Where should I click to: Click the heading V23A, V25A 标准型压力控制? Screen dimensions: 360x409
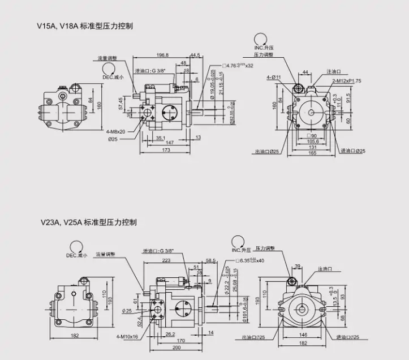[x=88, y=222]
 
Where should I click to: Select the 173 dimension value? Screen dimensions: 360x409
[x=165, y=150]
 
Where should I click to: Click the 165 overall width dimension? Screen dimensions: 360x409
[x=311, y=153]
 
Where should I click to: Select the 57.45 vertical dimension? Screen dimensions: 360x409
[x=120, y=104]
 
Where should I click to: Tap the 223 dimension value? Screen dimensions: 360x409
[x=166, y=261]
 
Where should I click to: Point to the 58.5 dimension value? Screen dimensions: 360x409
[x=211, y=260]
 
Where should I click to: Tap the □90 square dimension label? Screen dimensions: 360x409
[x=311, y=135]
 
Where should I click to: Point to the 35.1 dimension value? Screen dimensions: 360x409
[x=161, y=138]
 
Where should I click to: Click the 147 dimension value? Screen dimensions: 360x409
[x=168, y=144]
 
